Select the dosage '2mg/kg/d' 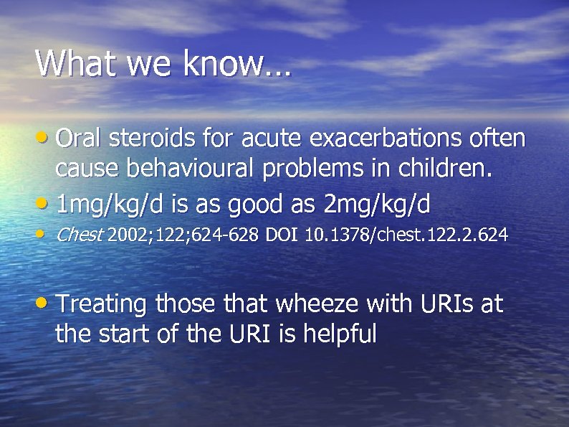coord(378,205)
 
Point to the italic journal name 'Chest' coord(79,235)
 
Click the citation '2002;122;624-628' coord(184,235)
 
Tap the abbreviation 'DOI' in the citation coord(282,235)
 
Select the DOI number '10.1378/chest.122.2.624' coord(406,235)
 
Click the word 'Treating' coord(101,304)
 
